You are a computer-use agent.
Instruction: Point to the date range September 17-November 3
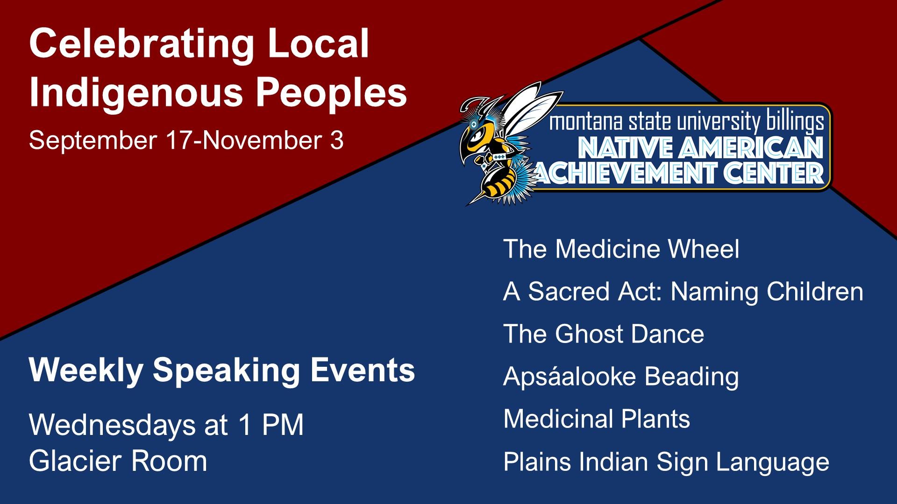pos(186,140)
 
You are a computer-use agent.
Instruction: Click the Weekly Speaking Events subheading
pos(222,371)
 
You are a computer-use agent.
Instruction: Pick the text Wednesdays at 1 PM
pos(166,425)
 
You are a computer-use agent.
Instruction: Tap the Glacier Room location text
pos(118,461)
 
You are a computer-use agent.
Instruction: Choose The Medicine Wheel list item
pos(621,249)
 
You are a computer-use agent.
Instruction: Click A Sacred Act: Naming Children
pos(683,292)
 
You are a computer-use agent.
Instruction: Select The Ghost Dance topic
pos(604,334)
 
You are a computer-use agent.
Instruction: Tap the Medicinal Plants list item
pos(597,419)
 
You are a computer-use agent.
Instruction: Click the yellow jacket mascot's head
pos(481,133)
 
